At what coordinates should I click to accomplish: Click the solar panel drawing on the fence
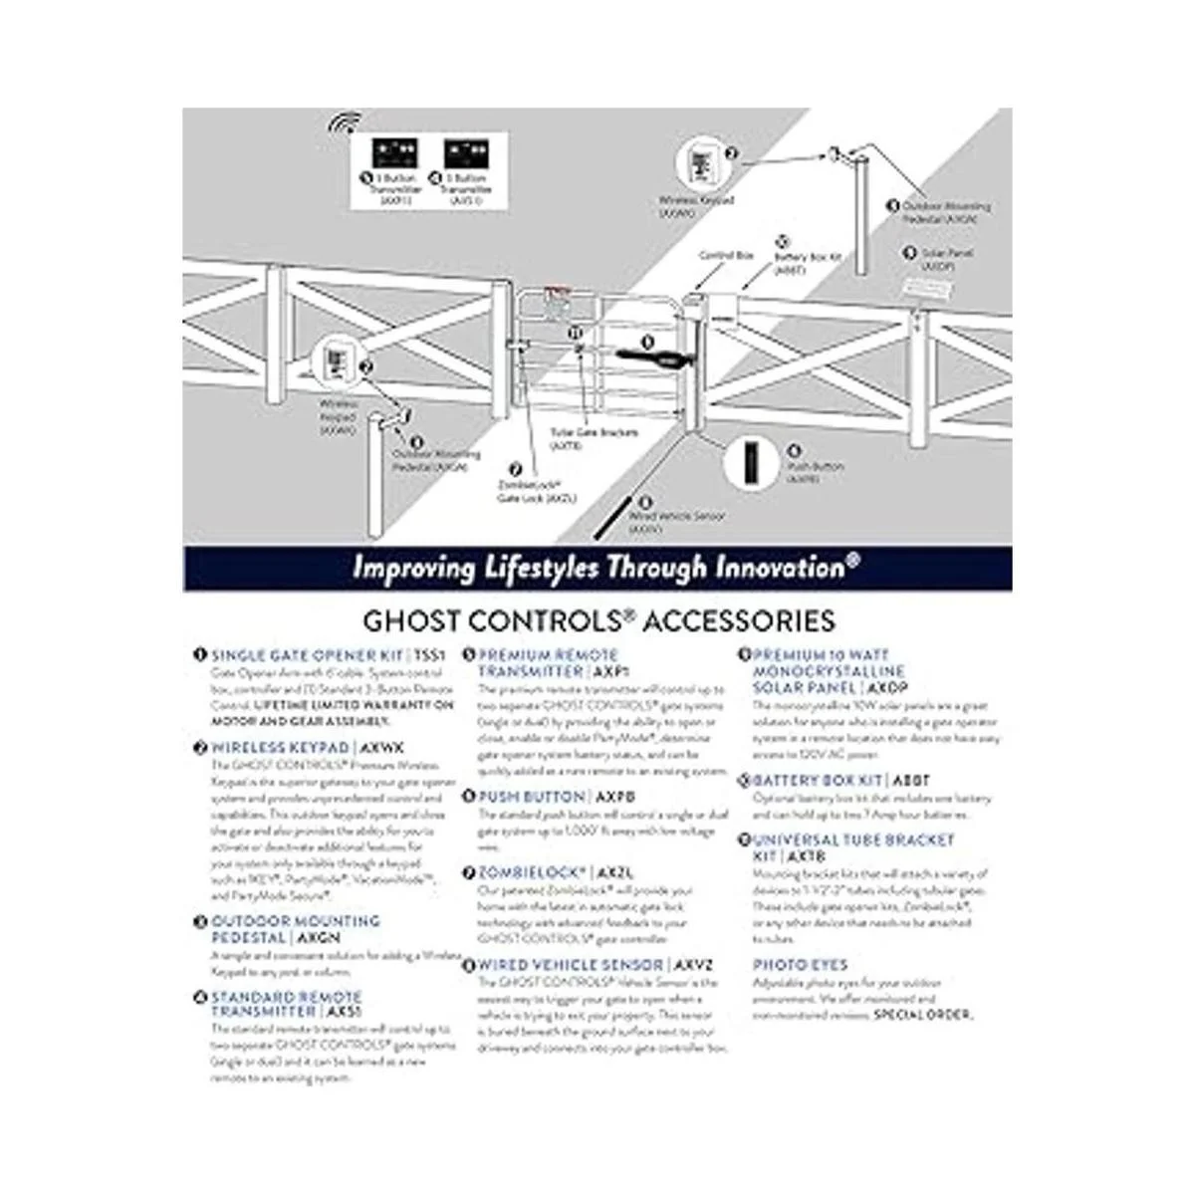click(x=922, y=289)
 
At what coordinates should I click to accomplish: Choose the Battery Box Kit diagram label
click(x=808, y=262)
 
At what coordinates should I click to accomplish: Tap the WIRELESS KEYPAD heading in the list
click(x=280, y=747)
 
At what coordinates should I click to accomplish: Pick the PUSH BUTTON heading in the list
click(x=532, y=797)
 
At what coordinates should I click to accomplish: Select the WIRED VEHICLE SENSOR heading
click(x=571, y=965)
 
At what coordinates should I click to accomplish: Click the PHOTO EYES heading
click(x=800, y=965)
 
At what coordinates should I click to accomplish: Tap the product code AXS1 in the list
click(x=345, y=1012)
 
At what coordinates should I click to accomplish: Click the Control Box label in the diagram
click(x=725, y=256)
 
